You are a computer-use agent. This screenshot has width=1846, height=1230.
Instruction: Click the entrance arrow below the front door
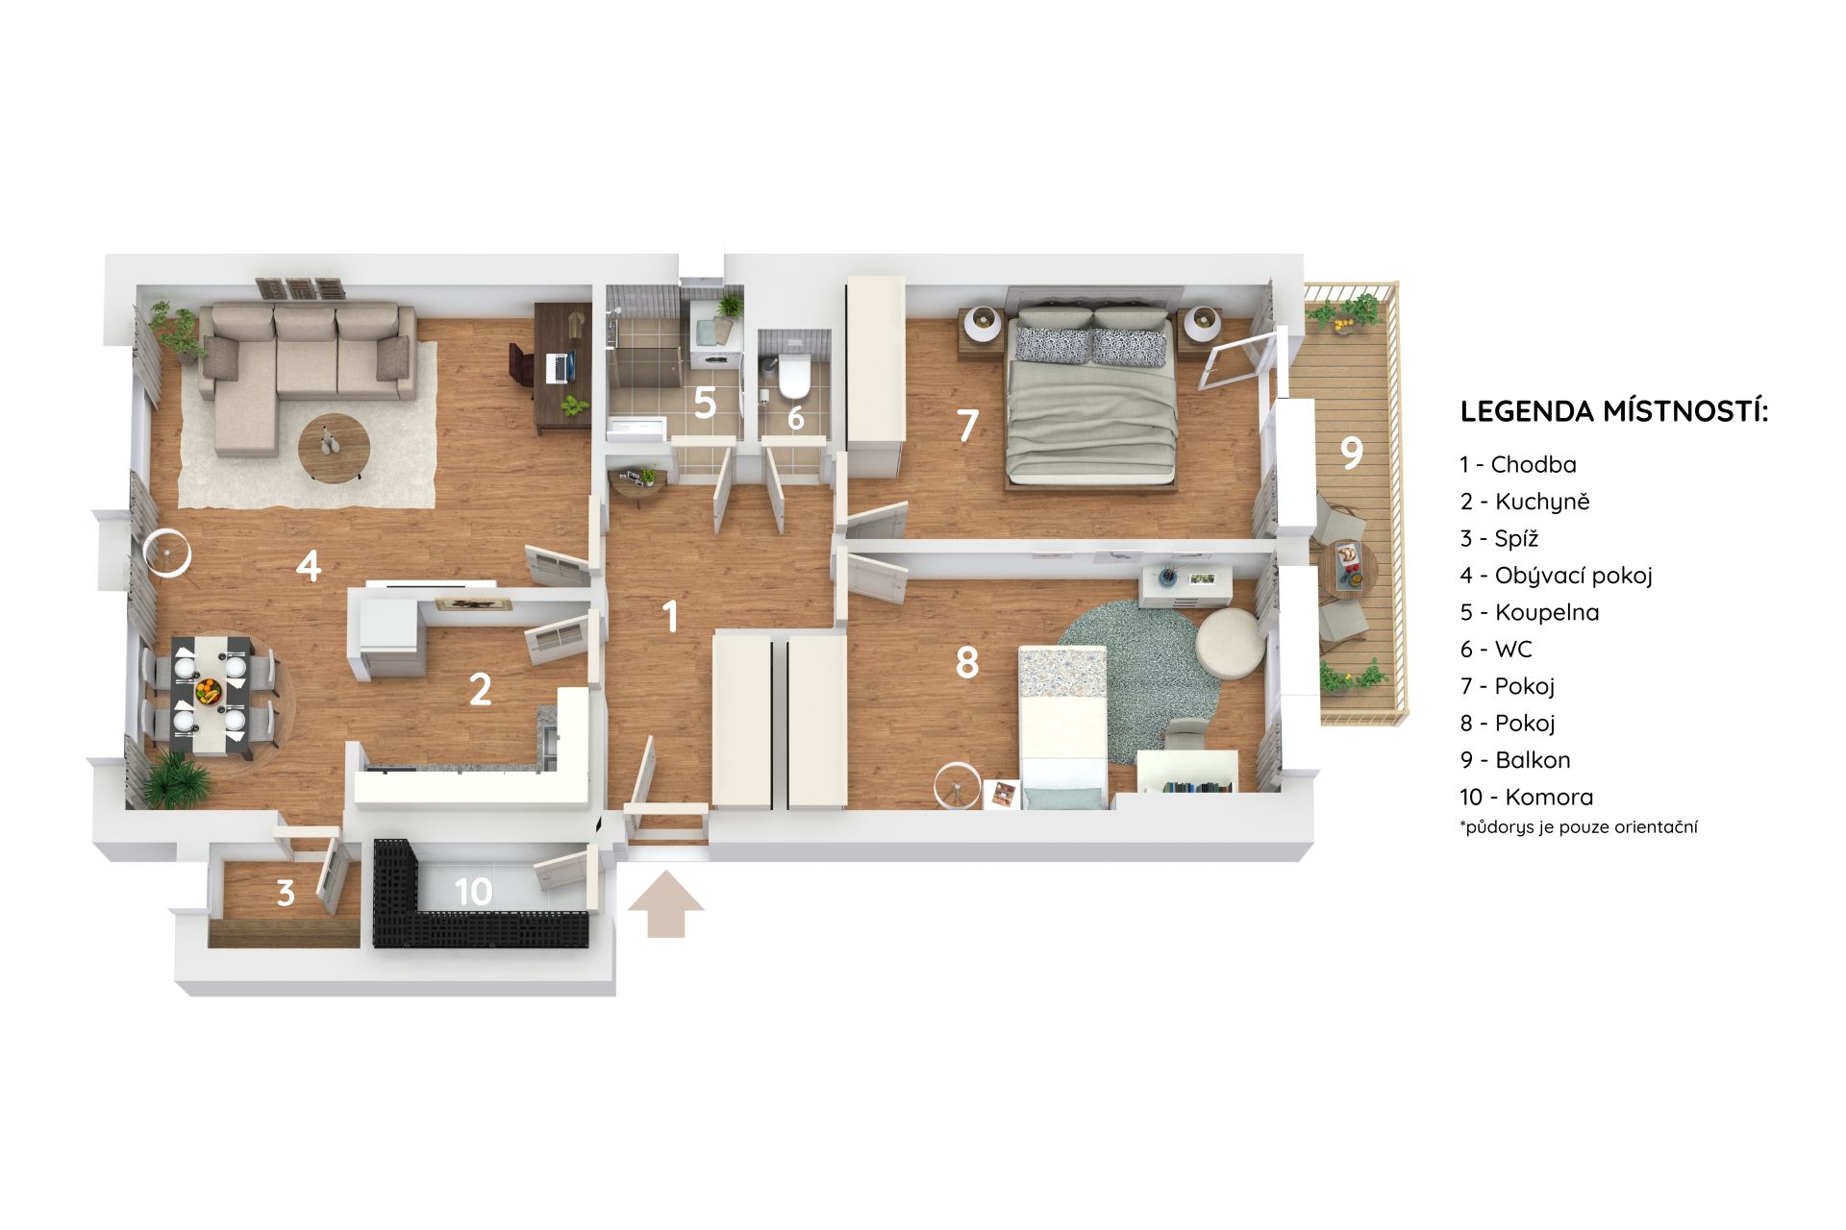[x=665, y=903]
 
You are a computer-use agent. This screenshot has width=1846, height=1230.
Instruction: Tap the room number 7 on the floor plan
[x=967, y=426]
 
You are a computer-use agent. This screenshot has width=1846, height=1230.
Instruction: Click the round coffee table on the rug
[x=334, y=446]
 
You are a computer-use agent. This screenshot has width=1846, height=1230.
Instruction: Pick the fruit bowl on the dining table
[x=208, y=690]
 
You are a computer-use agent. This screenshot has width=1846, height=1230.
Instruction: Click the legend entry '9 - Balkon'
[x=1514, y=760]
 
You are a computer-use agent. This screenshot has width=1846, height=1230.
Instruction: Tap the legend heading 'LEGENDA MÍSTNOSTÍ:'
[x=1614, y=411]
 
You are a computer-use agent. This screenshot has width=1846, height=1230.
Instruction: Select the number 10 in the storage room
[x=473, y=892]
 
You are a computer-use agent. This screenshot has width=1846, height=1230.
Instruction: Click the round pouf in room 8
[x=1231, y=644]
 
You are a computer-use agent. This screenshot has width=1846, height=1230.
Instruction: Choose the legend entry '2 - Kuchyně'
[x=1524, y=502]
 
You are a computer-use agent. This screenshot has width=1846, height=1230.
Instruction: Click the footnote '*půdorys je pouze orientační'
[x=1578, y=826]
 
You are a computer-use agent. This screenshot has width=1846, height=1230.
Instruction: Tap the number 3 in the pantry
[x=286, y=893]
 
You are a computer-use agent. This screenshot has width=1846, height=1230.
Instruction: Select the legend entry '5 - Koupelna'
[x=1529, y=612]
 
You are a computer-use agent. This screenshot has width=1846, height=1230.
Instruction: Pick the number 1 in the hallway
[x=671, y=616]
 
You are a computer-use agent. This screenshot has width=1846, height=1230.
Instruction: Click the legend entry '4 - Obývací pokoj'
[x=1556, y=576]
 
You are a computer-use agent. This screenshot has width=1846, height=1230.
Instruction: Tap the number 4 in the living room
[x=308, y=565]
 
